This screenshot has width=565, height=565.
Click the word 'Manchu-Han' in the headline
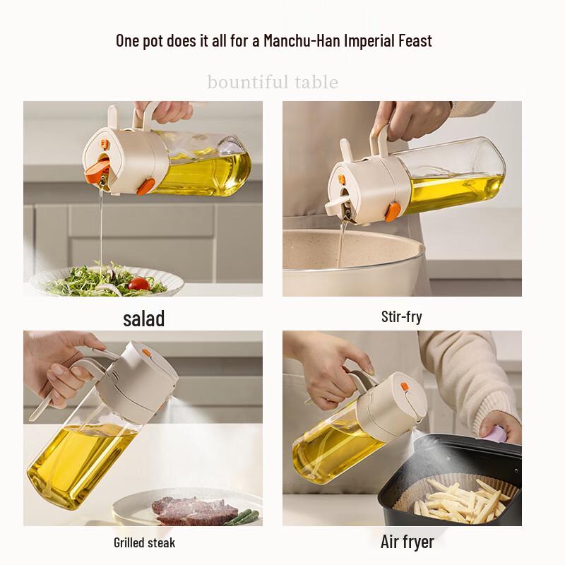(x=302, y=40)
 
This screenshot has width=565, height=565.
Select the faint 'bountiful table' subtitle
(x=273, y=82)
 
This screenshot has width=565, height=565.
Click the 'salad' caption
(x=144, y=319)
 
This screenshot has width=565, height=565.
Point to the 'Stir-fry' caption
(x=401, y=317)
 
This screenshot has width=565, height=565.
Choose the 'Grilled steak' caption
(x=145, y=542)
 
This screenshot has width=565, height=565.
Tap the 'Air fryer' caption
(x=408, y=542)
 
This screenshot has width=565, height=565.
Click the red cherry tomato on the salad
(x=138, y=284)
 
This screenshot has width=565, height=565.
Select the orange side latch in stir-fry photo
(x=393, y=211)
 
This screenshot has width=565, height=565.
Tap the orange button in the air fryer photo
(x=405, y=387)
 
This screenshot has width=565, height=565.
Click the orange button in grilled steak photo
(x=146, y=352)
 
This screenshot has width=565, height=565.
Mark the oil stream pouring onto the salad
(x=101, y=227)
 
